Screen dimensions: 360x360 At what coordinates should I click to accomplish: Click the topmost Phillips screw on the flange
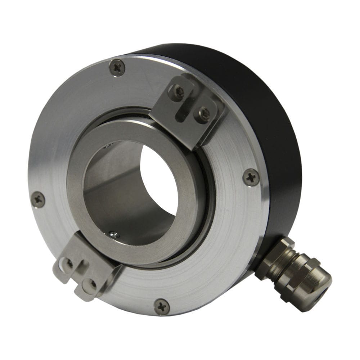(x=117, y=67)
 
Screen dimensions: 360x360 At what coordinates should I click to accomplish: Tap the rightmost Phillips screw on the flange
(x=251, y=177)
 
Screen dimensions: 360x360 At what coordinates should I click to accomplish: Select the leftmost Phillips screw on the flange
(x=38, y=199)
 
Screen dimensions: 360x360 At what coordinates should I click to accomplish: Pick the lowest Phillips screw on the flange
(x=162, y=307)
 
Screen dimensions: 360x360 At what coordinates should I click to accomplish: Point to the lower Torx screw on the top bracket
(x=204, y=113)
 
